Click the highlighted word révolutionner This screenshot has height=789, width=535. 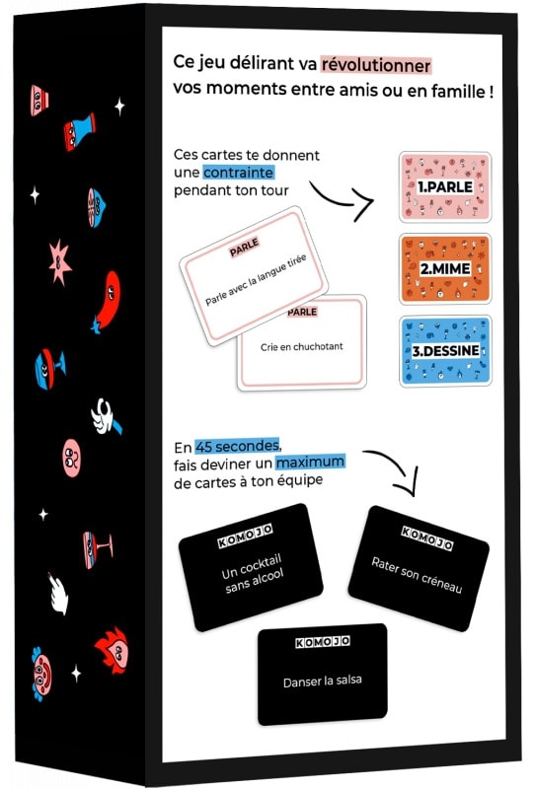376,65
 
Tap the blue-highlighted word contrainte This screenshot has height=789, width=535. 238,173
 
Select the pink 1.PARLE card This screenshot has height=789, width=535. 445,187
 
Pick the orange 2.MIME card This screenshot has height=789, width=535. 445,268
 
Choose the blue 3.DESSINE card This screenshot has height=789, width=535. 445,351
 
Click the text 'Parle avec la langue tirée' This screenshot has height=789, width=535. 256,280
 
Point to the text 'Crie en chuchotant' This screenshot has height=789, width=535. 302,347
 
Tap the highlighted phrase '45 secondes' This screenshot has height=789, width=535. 237,446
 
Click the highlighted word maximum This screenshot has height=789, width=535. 310,462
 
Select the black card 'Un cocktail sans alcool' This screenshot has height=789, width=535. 251,567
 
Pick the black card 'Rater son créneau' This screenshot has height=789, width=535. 419,568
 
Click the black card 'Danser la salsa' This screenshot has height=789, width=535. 323,675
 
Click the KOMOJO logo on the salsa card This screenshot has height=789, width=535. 323,642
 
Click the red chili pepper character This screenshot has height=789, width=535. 107,301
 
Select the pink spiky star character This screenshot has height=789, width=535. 59,262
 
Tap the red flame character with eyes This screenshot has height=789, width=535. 113,650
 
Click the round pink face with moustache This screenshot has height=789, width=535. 71,458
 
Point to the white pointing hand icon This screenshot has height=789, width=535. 58,595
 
